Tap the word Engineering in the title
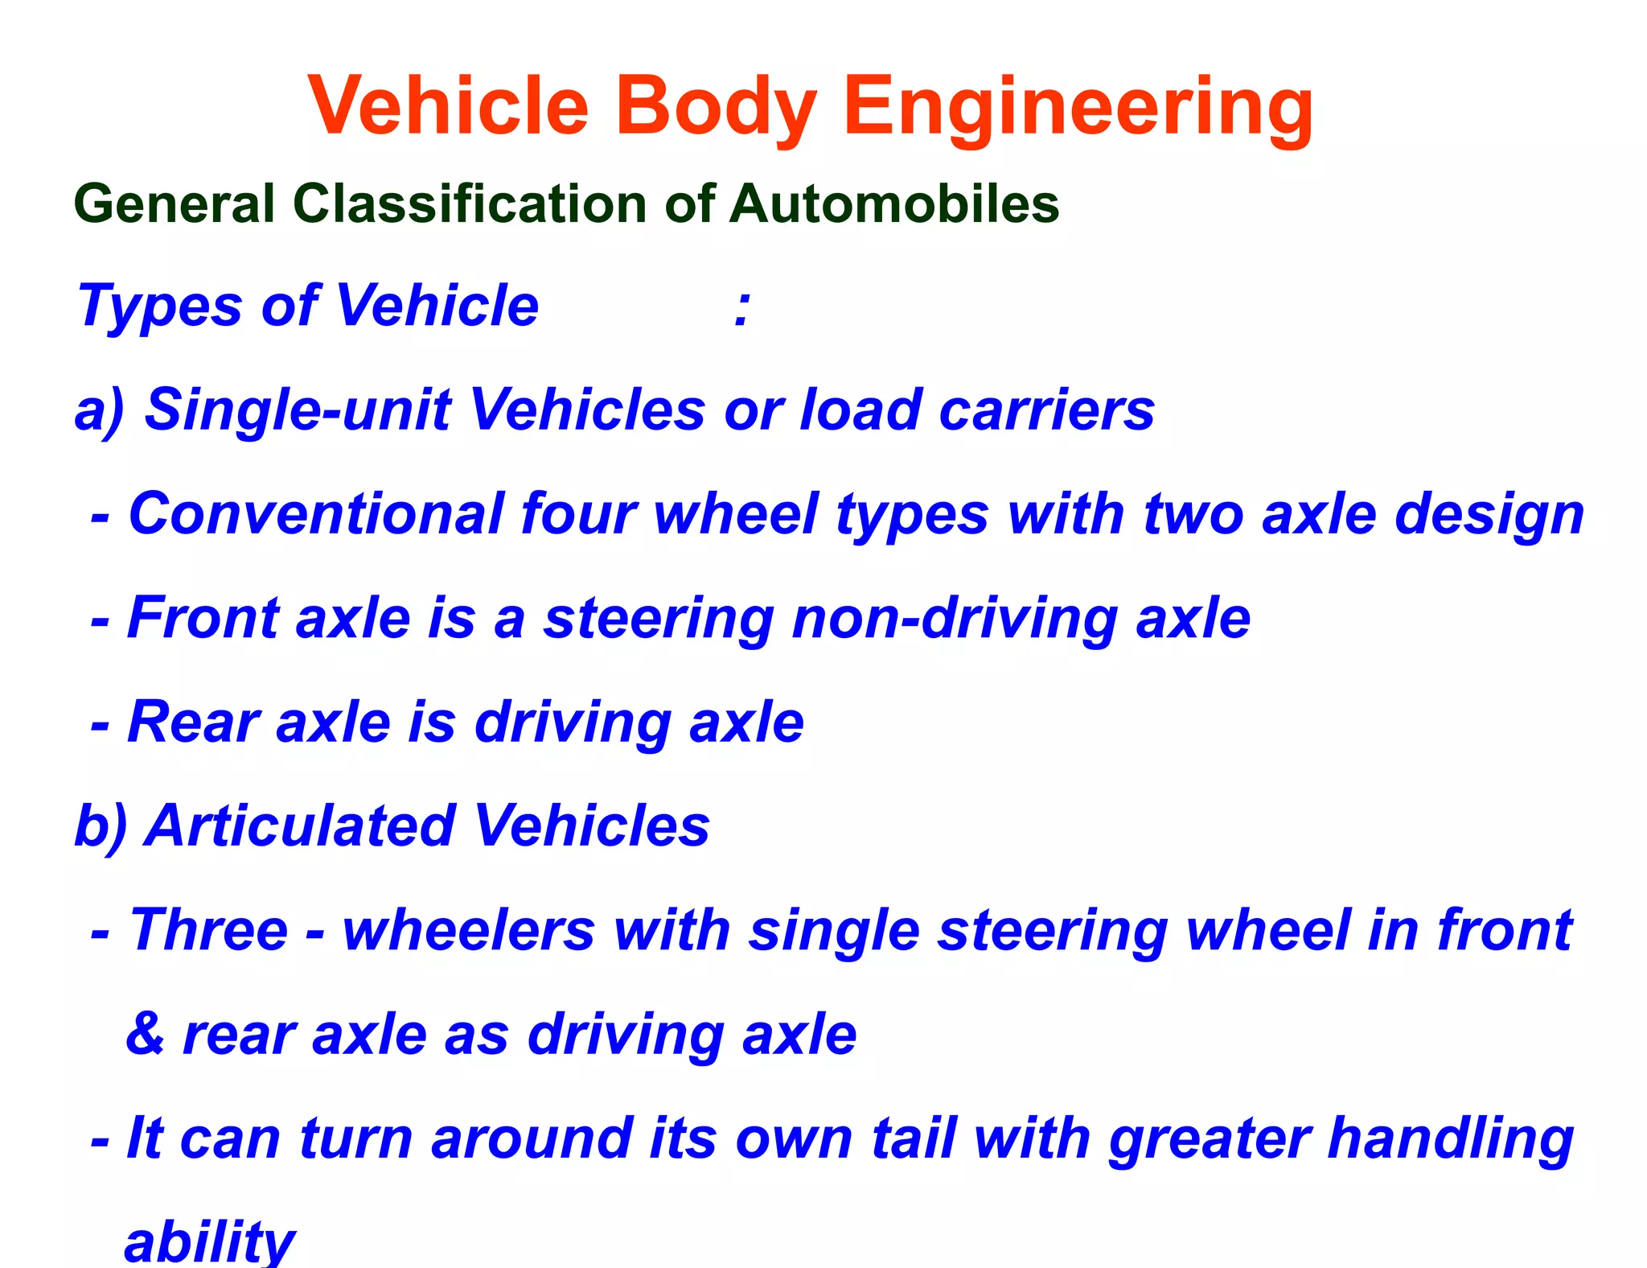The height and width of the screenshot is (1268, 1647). point(1078,108)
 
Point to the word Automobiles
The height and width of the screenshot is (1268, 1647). point(894,204)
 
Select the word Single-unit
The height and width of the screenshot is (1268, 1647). point(298,410)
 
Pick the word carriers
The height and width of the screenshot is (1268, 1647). point(1046,410)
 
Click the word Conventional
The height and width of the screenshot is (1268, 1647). point(316,513)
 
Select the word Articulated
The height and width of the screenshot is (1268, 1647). point(301,826)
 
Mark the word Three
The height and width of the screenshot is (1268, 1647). point(208,930)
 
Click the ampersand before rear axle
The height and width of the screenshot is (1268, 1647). point(145,1034)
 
